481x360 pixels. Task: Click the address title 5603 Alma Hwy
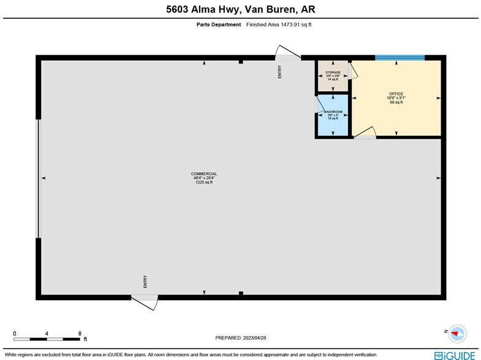240,9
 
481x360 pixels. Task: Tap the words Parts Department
218,25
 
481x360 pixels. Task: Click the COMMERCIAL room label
204,178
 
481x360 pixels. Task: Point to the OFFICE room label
396,98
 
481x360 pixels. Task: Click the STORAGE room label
333,75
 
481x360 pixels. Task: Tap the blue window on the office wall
400,58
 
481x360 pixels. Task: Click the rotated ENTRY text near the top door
279,72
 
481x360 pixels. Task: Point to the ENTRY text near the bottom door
145,282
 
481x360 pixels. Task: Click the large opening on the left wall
39,178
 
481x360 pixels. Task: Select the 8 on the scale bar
80,334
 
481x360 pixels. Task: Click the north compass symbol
456,334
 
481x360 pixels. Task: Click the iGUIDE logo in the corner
455,354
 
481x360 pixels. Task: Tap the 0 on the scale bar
15,334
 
